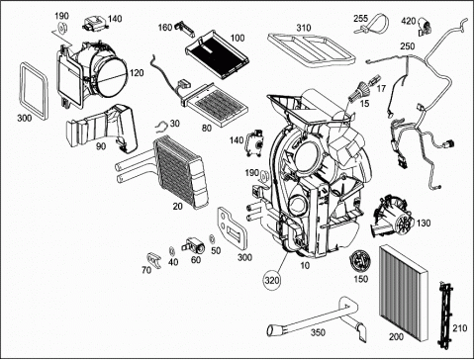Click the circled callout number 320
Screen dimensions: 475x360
pos(272,281)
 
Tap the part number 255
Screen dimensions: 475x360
pos(360,19)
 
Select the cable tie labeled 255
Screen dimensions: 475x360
pos(373,24)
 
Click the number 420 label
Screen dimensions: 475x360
pos(409,21)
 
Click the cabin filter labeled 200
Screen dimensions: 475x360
pos(404,294)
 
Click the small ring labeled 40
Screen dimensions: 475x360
pos(171,251)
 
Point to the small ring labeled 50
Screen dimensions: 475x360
pos(213,239)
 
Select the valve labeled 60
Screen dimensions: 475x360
pos(193,245)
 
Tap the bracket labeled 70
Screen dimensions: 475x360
pos(153,260)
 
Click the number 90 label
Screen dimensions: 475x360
pos(100,145)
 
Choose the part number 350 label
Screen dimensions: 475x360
pos(318,332)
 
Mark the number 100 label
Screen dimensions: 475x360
pos(237,38)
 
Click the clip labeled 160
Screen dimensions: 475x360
pos(184,28)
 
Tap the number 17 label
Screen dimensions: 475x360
pos(381,88)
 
